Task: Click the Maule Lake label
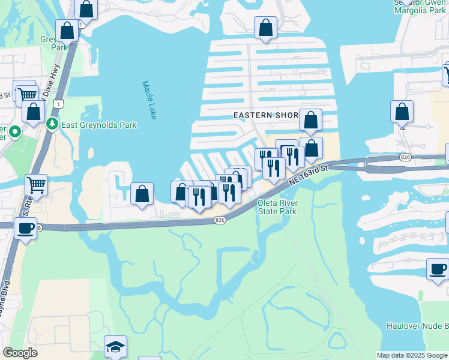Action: tap(149, 100)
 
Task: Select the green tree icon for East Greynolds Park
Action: tap(51, 124)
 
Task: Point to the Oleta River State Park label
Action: tap(277, 207)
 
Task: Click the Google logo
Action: tap(20, 353)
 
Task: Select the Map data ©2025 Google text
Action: tap(412, 355)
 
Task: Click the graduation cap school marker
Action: tap(115, 347)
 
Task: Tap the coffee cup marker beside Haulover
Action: tap(438, 269)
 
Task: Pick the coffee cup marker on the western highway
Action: tap(25, 229)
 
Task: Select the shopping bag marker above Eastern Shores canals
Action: tap(265, 28)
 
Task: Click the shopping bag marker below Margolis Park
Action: tap(402, 112)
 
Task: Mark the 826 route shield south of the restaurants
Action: tap(220, 221)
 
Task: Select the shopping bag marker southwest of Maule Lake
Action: tap(142, 194)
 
